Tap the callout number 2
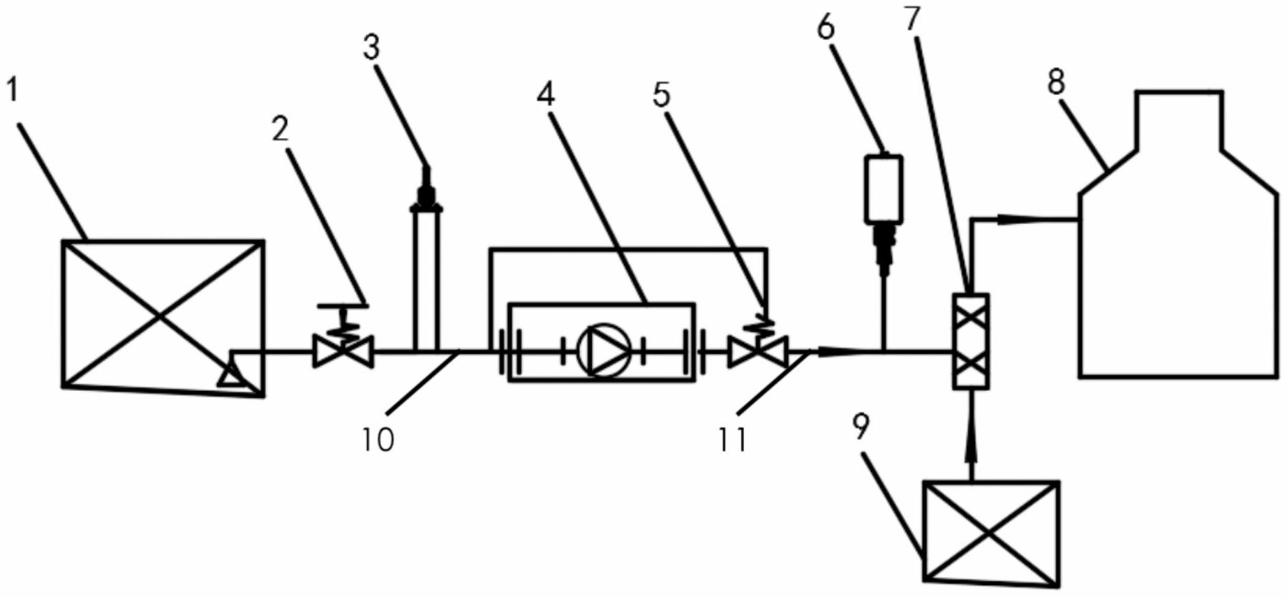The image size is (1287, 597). pyautogui.click(x=280, y=128)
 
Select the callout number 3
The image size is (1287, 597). pyautogui.click(x=371, y=47)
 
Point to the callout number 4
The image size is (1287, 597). pyautogui.click(x=546, y=93)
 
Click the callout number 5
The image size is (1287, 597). pyautogui.click(x=661, y=94)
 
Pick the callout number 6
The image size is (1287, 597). pyautogui.click(x=826, y=28)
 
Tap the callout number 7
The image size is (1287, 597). pyautogui.click(x=912, y=19)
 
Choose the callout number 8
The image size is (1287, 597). pyautogui.click(x=1056, y=82)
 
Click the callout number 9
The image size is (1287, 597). pyautogui.click(x=861, y=427)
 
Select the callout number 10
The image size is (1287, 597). pyautogui.click(x=378, y=439)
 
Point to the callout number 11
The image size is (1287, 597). pyautogui.click(x=733, y=439)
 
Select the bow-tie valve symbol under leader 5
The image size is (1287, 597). pyautogui.click(x=758, y=351)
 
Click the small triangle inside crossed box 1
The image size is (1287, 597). pyautogui.click(x=230, y=377)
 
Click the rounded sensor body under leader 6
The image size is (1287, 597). pyautogui.click(x=884, y=189)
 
